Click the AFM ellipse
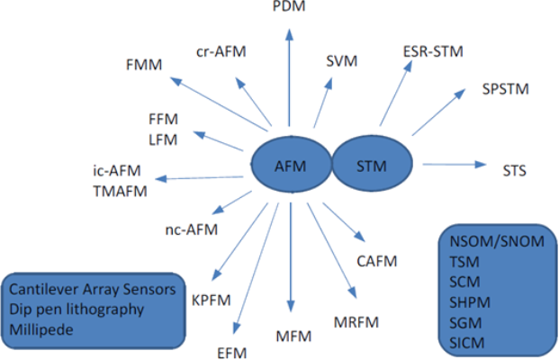pyautogui.click(x=291, y=166)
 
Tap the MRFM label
pyautogui.click(x=356, y=321)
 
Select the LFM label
pyautogui.click(x=163, y=139)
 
